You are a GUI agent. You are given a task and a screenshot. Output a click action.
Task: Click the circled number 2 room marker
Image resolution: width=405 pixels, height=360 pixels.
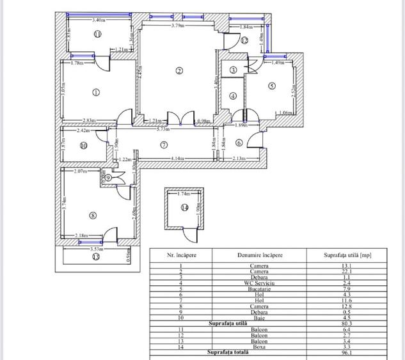(x=180, y=70)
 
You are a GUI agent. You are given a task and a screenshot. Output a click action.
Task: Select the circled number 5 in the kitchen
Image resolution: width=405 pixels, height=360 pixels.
(x=271, y=86)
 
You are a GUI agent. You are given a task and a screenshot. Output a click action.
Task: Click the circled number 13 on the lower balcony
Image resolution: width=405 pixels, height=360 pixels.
(x=96, y=257)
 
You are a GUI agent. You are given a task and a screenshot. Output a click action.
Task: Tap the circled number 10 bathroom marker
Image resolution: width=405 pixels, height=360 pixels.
(x=83, y=145)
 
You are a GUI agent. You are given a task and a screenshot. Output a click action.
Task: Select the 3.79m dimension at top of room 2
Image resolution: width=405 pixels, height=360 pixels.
(x=178, y=26)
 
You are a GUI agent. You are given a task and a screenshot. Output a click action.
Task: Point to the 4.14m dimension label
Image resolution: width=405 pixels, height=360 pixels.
(x=178, y=157)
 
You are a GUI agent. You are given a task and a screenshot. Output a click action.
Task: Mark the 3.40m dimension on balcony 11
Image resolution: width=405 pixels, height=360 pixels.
(x=99, y=20)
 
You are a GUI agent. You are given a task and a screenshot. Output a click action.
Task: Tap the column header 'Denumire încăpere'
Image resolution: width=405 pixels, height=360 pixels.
(x=259, y=254)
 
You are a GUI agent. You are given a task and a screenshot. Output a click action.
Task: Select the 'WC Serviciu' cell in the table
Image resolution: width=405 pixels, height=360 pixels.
(x=259, y=283)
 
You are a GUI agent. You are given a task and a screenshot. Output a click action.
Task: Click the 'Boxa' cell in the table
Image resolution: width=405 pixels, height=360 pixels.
(x=259, y=346)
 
